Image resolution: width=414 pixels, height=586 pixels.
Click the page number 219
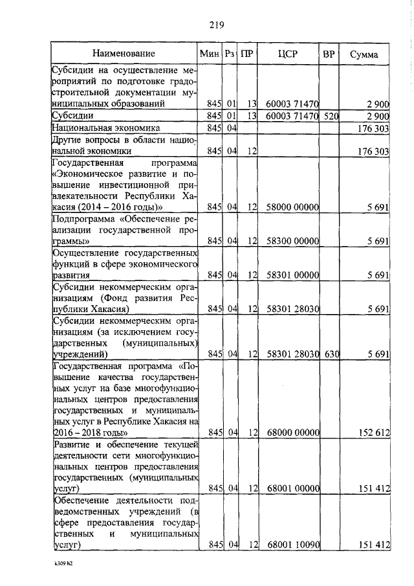(x=216, y=25)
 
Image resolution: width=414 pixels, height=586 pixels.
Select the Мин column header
(x=210, y=53)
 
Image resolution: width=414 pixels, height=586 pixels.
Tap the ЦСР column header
(x=287, y=53)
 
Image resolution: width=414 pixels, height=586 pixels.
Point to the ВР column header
(x=329, y=53)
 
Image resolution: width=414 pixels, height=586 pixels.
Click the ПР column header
(x=246, y=53)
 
